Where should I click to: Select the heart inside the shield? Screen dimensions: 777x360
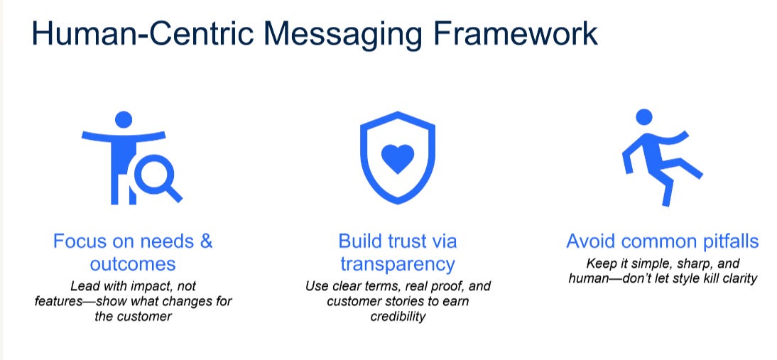[x=397, y=158]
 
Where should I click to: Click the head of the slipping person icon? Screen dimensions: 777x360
[x=643, y=116]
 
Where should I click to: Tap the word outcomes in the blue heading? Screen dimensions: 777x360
[x=133, y=264]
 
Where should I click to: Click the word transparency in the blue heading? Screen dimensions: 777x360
[x=397, y=264]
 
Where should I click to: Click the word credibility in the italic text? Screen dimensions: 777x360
[x=397, y=317]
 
